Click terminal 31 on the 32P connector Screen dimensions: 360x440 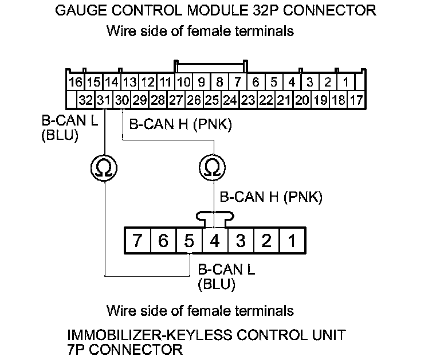tap(104, 100)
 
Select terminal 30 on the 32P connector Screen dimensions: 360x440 tap(121, 100)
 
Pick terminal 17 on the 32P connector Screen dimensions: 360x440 tap(356, 100)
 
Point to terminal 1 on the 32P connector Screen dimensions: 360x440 tap(345, 81)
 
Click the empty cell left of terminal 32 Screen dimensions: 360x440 tap(71, 100)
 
